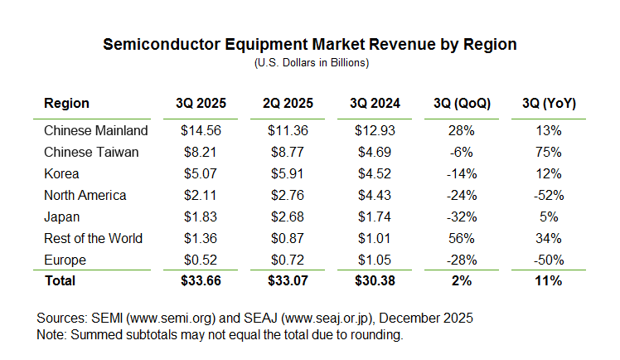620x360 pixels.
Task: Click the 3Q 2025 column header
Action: (x=201, y=104)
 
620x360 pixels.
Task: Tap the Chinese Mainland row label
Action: (x=95, y=130)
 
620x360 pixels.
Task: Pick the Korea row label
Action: (x=61, y=173)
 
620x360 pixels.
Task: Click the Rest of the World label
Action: (x=93, y=238)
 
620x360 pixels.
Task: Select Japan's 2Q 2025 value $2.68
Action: (x=288, y=216)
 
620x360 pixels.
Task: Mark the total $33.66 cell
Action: (x=201, y=281)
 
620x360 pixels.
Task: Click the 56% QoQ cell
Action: (x=462, y=238)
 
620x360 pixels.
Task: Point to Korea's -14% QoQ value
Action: (x=462, y=173)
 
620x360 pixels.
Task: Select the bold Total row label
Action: (x=60, y=281)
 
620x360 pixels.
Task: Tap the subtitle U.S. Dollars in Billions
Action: (x=310, y=62)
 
